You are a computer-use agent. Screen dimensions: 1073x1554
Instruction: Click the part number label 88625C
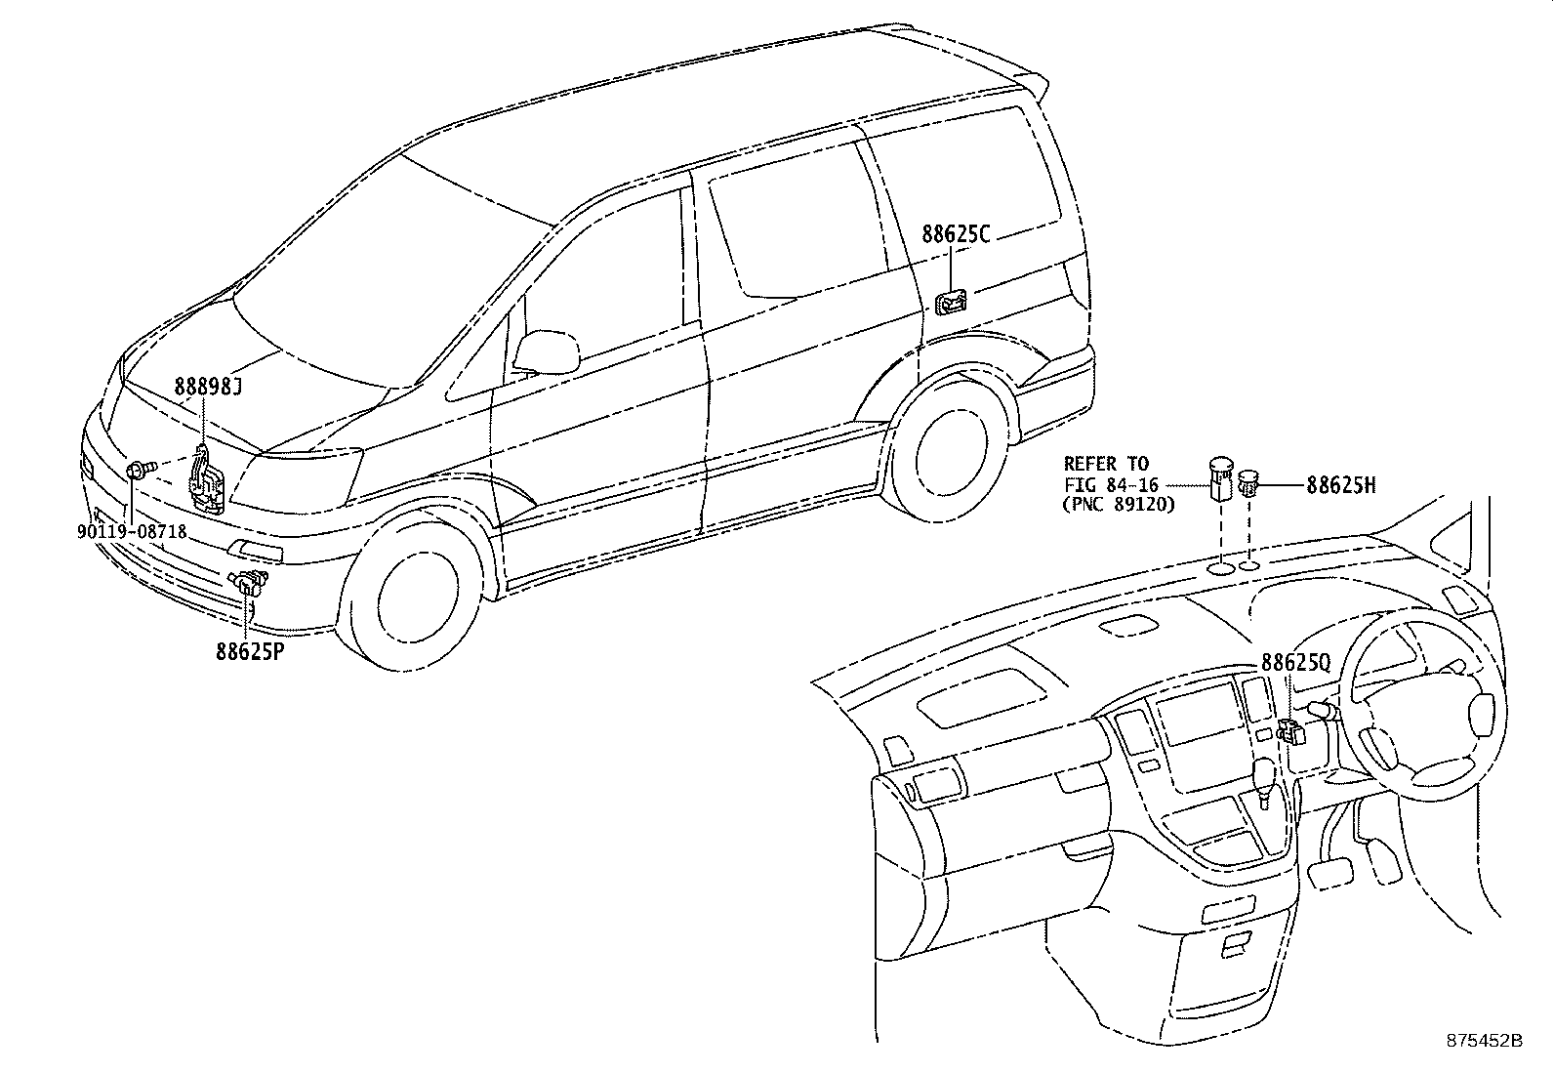pyautogui.click(x=956, y=234)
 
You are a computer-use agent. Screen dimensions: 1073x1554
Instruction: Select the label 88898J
pyautogui.click(x=208, y=387)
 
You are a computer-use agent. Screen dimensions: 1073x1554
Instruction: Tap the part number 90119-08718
pyautogui.click(x=131, y=532)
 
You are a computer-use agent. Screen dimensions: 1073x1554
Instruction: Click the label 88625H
pyautogui.click(x=1341, y=483)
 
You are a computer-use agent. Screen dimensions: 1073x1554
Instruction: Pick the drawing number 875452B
pyautogui.click(x=1484, y=1041)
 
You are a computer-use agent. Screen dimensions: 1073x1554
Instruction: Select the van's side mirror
pyautogui.click(x=545, y=351)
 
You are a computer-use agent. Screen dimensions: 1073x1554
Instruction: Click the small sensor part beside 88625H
pyautogui.click(x=1249, y=481)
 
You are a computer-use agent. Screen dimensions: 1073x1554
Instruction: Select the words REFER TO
pyautogui.click(x=1106, y=464)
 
